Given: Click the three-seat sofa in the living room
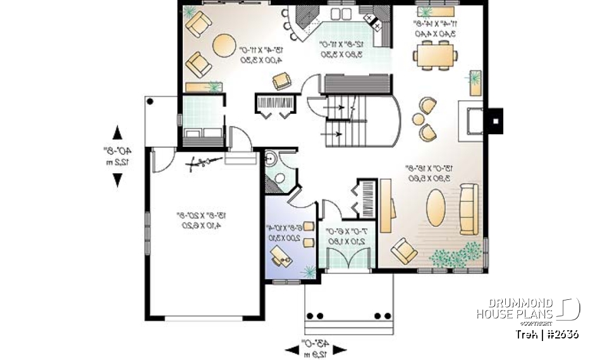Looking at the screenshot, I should click(469, 208).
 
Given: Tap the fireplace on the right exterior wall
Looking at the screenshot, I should click(474, 120).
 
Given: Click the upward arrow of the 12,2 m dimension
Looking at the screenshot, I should click(118, 133).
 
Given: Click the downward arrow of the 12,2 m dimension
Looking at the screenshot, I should click(118, 180).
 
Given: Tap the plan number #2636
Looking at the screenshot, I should click(560, 334).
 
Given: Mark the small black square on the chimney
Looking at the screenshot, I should click(497, 120).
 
